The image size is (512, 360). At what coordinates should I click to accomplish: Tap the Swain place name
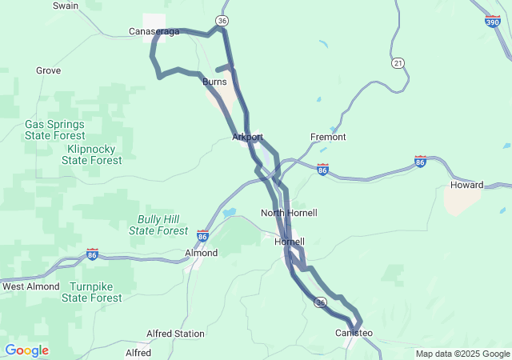point(65,6)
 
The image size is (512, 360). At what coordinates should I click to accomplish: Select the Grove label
point(48,70)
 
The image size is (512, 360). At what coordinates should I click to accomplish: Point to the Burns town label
point(214,82)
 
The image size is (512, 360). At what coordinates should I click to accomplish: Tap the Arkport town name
point(247,138)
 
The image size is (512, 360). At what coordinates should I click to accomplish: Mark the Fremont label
point(328,138)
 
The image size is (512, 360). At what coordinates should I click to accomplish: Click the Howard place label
point(466,185)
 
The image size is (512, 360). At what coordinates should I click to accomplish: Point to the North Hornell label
point(289,213)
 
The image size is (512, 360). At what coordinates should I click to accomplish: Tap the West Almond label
point(31,286)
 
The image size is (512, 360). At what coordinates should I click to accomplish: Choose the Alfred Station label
point(175,334)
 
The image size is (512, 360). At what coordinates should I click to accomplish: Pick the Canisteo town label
point(354,333)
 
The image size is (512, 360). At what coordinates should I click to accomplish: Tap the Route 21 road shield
point(398,62)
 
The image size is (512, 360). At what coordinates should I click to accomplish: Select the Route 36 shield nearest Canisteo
point(320,302)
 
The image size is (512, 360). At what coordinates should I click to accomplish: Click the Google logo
point(26,350)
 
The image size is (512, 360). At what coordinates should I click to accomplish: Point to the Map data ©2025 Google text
point(462,354)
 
